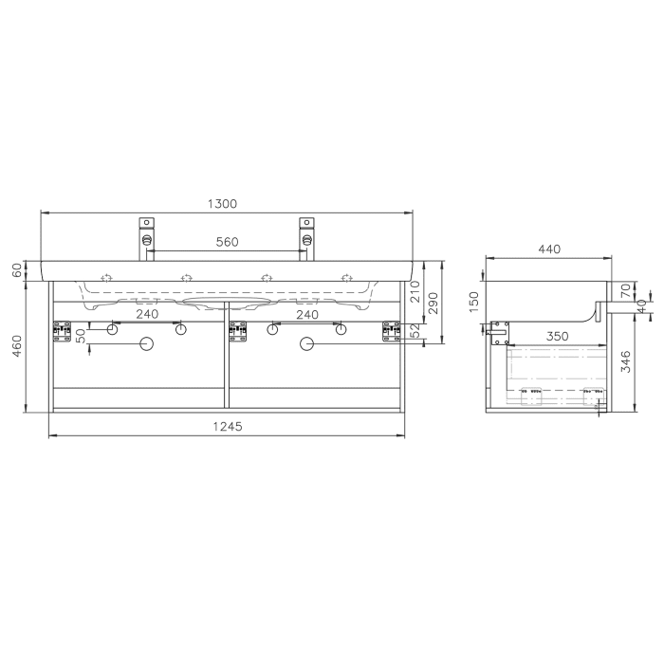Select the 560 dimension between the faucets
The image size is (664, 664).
(x=226, y=242)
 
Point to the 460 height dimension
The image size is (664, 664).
(x=17, y=346)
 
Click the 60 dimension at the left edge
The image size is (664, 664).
(x=17, y=270)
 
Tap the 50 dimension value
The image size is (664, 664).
(x=81, y=333)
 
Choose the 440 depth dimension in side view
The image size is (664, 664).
(x=549, y=249)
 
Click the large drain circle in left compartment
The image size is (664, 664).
(x=146, y=344)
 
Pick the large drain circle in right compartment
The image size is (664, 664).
(x=305, y=344)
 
